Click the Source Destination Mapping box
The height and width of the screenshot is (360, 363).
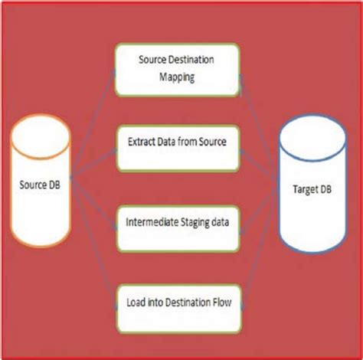(x=177, y=69)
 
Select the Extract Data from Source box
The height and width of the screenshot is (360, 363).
(x=177, y=143)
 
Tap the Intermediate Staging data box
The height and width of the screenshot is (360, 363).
(x=177, y=222)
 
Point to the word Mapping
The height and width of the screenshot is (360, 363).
(x=178, y=77)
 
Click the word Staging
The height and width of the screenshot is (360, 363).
(x=198, y=222)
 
